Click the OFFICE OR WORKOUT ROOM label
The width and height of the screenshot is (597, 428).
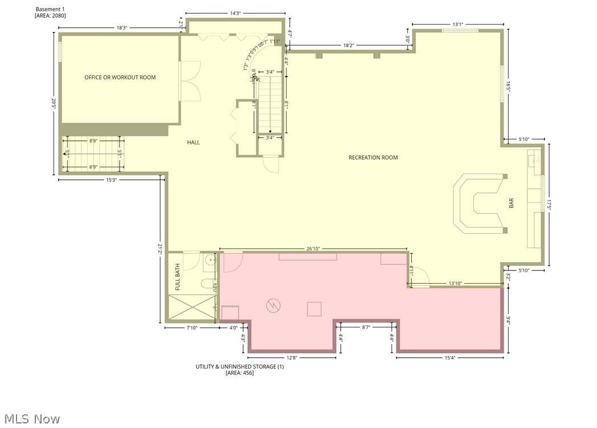120,78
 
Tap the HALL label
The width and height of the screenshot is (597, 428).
193,142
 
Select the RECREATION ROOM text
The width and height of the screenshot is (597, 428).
373,158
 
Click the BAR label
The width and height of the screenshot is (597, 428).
511,203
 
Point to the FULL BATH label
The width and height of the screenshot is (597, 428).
177,277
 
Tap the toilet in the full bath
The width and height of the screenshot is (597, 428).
206,284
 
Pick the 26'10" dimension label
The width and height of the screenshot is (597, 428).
313,249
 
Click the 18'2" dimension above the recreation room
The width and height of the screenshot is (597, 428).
351,45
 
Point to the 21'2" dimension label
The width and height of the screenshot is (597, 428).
160,249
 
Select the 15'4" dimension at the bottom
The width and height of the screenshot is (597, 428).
449,358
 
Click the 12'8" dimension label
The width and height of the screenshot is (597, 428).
292,358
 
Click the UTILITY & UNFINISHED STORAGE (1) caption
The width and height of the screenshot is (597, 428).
239,366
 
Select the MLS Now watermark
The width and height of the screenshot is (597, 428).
31,419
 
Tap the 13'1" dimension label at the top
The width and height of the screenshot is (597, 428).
458,25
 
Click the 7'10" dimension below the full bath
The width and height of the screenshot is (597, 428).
192,328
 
